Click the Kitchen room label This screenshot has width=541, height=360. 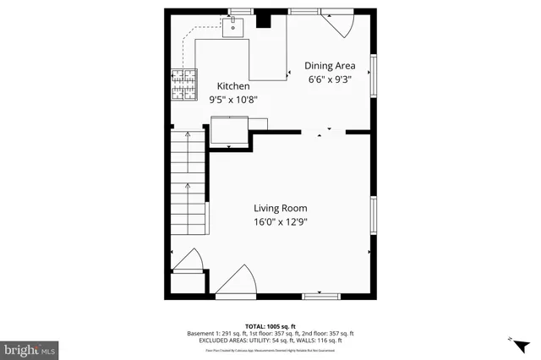(x=233, y=86)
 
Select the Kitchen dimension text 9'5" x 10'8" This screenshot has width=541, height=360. (x=233, y=100)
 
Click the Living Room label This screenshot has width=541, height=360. (x=281, y=208)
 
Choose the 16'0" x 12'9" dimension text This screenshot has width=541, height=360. (x=281, y=222)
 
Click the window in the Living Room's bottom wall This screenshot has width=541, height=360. (x=320, y=295)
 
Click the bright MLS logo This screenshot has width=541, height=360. (x=30, y=348)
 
